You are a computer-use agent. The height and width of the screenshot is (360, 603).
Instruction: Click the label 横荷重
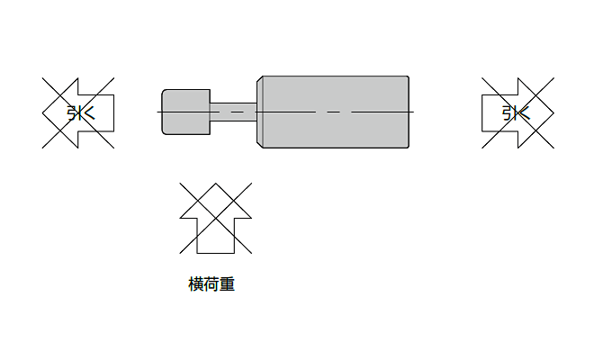click(211, 284)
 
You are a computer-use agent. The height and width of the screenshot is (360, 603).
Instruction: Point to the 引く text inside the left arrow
click(81, 113)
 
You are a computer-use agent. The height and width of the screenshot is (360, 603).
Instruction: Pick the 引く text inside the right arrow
click(516, 113)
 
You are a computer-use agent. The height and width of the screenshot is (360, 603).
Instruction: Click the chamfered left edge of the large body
click(259, 112)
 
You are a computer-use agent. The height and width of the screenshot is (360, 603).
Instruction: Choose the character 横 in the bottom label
click(195, 284)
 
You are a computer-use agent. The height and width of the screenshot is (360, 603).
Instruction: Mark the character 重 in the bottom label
click(228, 284)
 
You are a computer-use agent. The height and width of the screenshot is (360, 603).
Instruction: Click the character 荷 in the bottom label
click(211, 284)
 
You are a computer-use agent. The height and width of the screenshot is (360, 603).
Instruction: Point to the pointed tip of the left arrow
click(42, 113)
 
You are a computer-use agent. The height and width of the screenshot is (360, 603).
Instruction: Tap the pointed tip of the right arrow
click(554, 113)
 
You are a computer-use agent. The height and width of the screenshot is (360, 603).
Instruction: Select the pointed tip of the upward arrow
click(216, 183)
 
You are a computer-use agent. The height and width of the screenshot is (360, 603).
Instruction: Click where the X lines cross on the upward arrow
click(216, 218)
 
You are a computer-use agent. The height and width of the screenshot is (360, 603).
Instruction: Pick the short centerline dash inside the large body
click(333, 112)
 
